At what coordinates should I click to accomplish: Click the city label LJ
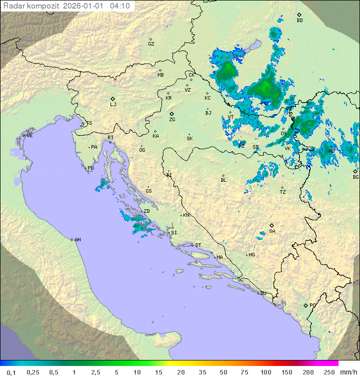(113, 105)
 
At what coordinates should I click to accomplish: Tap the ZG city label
(172, 120)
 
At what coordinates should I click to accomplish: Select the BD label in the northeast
(299, 21)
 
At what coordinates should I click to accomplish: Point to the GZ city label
(151, 44)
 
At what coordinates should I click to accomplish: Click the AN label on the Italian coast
(77, 240)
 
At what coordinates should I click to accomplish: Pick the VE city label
(29, 136)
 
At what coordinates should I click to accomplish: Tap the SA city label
(272, 231)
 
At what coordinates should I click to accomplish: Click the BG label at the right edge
(355, 177)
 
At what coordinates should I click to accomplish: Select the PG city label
(312, 305)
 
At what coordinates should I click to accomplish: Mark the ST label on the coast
(198, 245)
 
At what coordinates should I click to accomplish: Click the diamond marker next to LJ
(113, 99)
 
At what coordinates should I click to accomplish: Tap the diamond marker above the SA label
(272, 225)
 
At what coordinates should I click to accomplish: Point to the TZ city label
(282, 192)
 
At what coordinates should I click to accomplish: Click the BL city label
(223, 180)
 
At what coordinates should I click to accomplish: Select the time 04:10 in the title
(120, 6)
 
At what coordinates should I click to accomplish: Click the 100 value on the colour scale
(265, 372)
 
